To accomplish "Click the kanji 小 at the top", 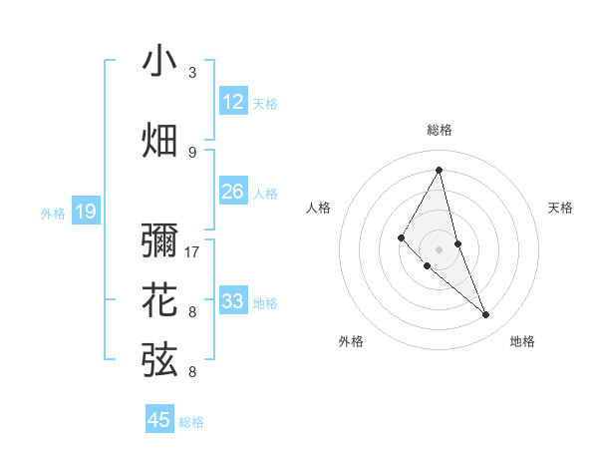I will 159,61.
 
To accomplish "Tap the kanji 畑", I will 159,141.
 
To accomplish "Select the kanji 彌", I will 159,243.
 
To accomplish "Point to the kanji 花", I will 159,300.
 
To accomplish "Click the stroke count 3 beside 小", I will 192,73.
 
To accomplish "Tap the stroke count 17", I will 193,251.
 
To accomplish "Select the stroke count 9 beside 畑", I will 192,152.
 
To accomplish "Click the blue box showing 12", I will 232,102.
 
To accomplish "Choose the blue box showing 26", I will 232,192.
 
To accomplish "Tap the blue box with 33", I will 232,301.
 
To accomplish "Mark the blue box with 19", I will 86,212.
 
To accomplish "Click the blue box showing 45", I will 159,420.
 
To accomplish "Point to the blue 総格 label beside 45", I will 191,422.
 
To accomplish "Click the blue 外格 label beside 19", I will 53,213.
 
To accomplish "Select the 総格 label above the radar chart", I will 439,130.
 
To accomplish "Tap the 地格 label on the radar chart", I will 522,341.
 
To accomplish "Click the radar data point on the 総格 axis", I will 439,170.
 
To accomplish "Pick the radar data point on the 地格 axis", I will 486,314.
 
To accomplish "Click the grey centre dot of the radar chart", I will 439,248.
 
